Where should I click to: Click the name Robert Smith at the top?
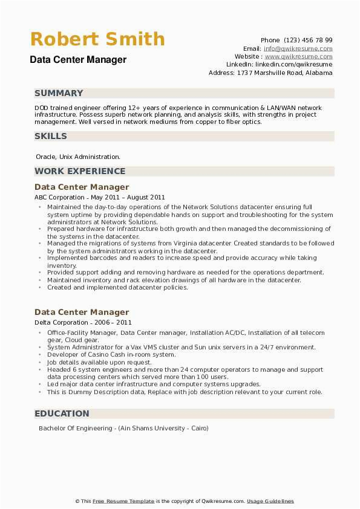[x=97, y=39]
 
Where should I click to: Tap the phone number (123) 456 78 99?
[x=308, y=41]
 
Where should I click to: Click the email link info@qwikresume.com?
[x=298, y=48]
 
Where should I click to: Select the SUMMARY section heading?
[x=59, y=93]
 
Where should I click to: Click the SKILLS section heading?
[x=51, y=136]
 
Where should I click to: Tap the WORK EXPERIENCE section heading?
[x=80, y=171]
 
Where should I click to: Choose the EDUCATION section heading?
[x=62, y=413]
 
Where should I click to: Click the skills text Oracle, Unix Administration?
[x=78, y=157]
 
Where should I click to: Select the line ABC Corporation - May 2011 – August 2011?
[x=100, y=197]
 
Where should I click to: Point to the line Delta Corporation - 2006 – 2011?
[x=83, y=323]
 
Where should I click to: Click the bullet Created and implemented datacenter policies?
[x=117, y=288]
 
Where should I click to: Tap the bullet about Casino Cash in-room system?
[x=111, y=355]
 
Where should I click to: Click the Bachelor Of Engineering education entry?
[x=123, y=428]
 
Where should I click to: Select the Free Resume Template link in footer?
[x=124, y=501]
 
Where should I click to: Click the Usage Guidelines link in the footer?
[x=270, y=501]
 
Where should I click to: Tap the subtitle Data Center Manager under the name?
[x=78, y=59]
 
